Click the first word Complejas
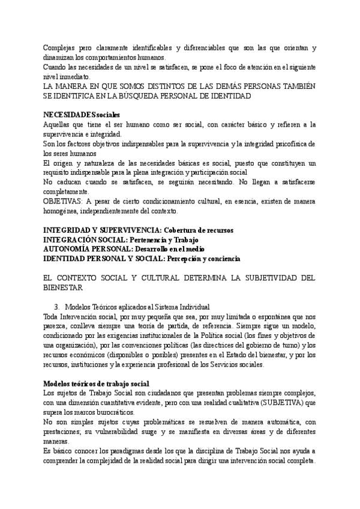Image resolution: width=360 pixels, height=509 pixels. (x=61, y=47)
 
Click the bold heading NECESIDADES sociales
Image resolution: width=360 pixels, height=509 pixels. (x=82, y=115)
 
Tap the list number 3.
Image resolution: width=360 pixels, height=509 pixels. (x=56, y=306)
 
